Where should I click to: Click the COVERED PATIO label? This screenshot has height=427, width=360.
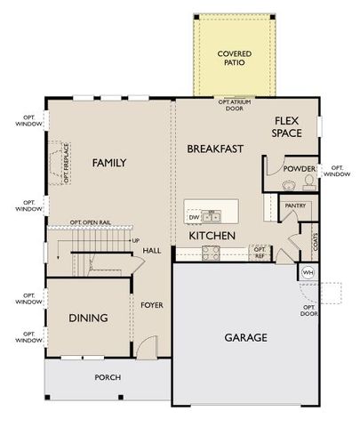tap(235, 59)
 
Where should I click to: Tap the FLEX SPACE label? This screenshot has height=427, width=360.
tap(287, 126)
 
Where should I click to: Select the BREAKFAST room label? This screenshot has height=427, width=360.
tap(215, 149)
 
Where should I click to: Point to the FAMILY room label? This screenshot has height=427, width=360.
tap(109, 163)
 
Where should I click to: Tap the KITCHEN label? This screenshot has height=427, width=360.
tap(212, 236)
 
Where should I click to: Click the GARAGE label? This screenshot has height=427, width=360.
tap(246, 338)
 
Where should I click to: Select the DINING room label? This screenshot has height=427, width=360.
tap(88, 318)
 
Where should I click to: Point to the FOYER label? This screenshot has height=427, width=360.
tap(152, 305)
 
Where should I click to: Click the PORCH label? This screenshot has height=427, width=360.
tap(108, 377)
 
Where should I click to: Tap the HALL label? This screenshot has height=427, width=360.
tap(151, 252)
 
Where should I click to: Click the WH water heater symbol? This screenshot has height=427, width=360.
tap(308, 272)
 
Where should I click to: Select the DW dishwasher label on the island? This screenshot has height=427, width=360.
tap(193, 216)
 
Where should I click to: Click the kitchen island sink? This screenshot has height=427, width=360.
tap(212, 216)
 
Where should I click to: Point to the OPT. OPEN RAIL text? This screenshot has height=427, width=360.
tap(92, 223)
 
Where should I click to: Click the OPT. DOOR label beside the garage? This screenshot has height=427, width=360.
tap(308, 310)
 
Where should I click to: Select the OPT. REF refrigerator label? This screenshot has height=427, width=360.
tap(260, 252)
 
